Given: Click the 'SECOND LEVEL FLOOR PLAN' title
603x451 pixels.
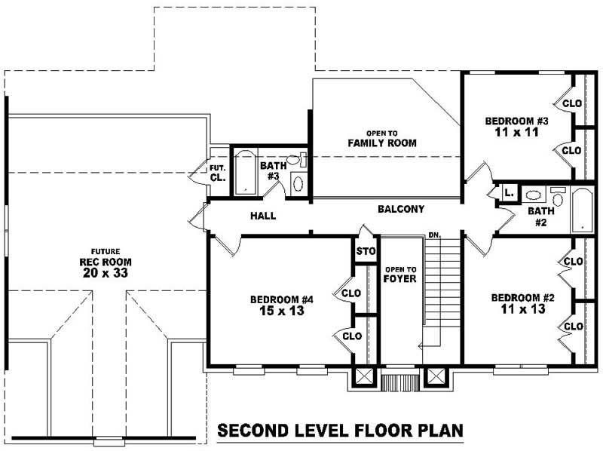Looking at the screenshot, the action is point(341,430).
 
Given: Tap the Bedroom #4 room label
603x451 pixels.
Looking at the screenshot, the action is point(282,299).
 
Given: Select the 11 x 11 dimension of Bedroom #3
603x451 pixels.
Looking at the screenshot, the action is point(516,132).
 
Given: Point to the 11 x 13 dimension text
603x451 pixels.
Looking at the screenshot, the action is point(523,308).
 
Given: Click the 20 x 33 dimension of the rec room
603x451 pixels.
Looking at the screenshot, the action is point(106,273).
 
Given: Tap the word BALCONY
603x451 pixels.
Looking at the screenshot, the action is point(401,209).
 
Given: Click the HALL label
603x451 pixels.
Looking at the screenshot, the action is point(263,216).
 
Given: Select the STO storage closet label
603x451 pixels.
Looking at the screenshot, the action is point(366,251).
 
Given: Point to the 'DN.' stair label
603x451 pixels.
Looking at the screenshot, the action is point(435,235).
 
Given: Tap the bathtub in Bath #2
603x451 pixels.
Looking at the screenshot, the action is point(583,210).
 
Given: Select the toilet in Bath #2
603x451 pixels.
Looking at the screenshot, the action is point(557,196).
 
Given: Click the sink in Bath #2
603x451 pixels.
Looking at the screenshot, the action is point(533,195).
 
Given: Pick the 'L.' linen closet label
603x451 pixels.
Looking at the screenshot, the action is point(510,193).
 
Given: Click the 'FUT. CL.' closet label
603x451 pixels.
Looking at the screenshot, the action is point(218,173).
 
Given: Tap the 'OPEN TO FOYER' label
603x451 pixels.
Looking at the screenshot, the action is point(400,275).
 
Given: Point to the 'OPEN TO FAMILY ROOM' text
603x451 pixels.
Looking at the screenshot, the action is point(382,139).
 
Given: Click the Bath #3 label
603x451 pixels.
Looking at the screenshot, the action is point(273,171).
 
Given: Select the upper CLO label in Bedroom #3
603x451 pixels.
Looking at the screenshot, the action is point(572,103).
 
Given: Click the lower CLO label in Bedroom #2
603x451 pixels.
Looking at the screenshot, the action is point(574,327).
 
